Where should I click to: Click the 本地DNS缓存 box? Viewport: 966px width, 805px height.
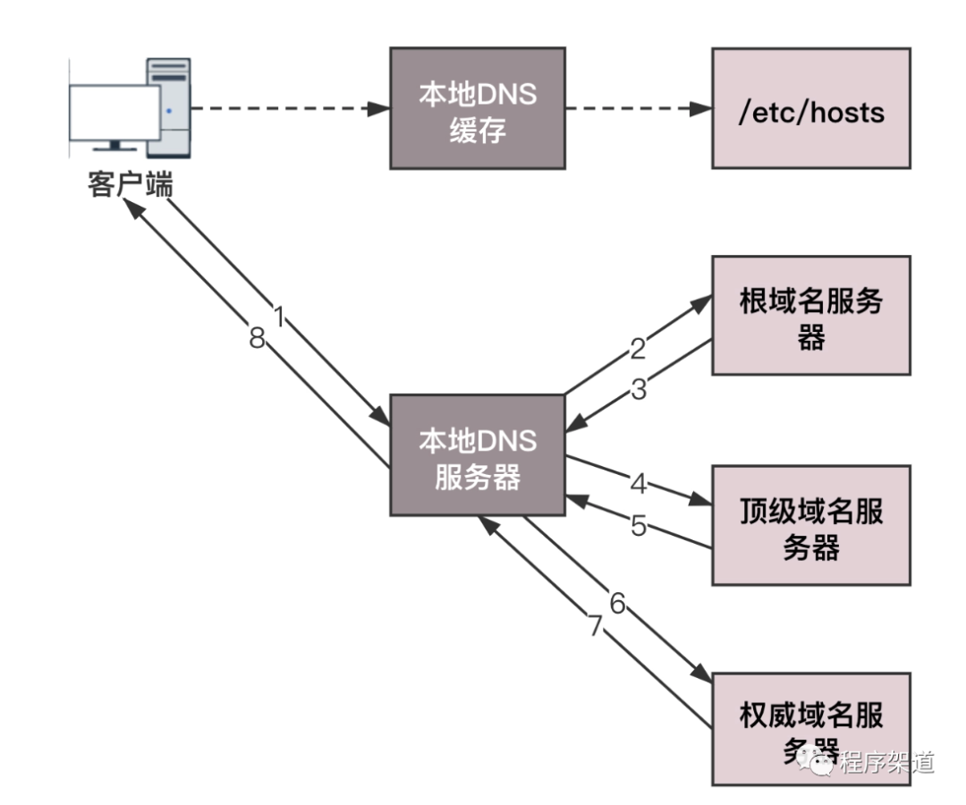coord(478,108)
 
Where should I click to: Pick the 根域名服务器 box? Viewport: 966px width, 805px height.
coord(810,315)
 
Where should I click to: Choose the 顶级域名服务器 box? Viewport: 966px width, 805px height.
coord(810,525)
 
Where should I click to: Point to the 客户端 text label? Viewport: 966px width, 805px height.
coord(131,185)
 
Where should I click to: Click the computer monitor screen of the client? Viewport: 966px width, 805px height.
coord(114,113)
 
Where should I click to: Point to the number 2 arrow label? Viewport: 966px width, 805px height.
coord(637,349)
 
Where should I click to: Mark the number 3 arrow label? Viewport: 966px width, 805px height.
coord(638,390)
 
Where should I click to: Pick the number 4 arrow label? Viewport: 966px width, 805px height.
coord(638,484)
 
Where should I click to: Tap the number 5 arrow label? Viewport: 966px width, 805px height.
coord(638,526)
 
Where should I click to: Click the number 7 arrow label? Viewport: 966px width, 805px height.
coord(595,627)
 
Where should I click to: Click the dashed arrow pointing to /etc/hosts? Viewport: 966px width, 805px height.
coord(638,109)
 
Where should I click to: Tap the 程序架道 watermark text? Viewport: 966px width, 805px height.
coord(885,761)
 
